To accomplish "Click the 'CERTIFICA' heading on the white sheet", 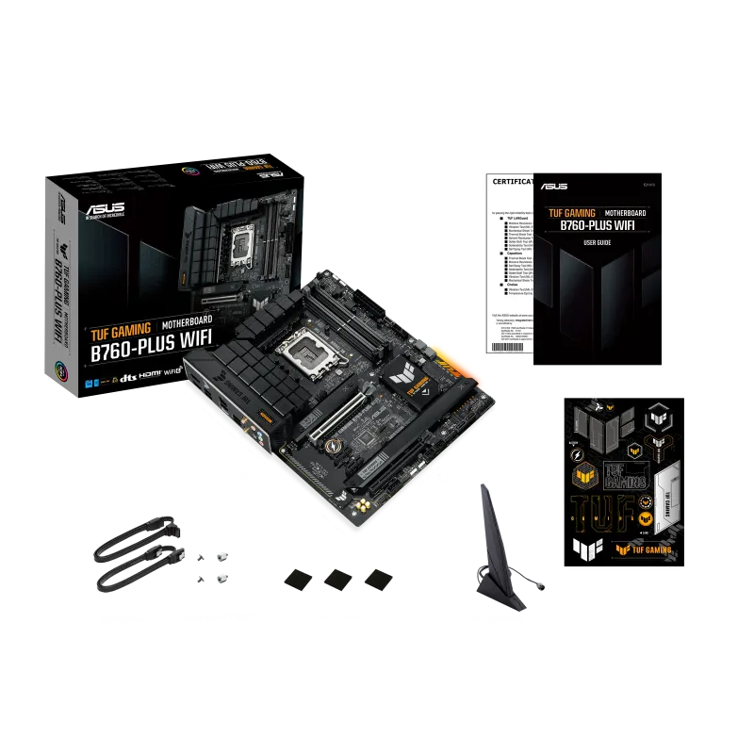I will click(x=508, y=181).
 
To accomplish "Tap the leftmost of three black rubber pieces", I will click(x=297, y=577).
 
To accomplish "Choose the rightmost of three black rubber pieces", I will click(x=379, y=577).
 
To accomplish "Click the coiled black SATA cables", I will click(x=137, y=556).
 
